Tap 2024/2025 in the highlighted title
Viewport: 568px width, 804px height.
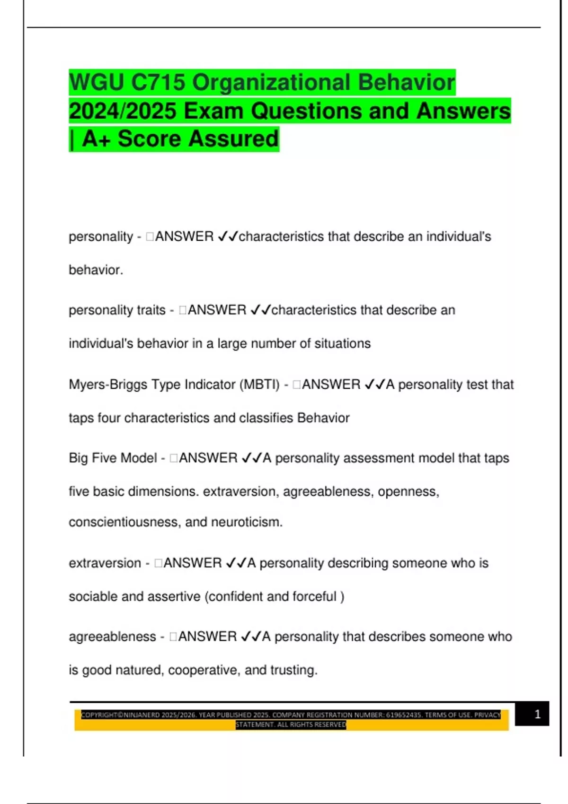tap(123, 112)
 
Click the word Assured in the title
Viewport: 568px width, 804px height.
tap(235, 139)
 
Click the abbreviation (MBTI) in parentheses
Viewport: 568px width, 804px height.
tap(260, 385)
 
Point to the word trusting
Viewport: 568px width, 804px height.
tap(293, 670)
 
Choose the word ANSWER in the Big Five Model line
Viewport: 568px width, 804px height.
tap(208, 458)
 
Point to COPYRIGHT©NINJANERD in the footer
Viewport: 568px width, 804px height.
tap(120, 715)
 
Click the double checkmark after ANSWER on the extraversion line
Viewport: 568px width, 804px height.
tap(236, 563)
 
